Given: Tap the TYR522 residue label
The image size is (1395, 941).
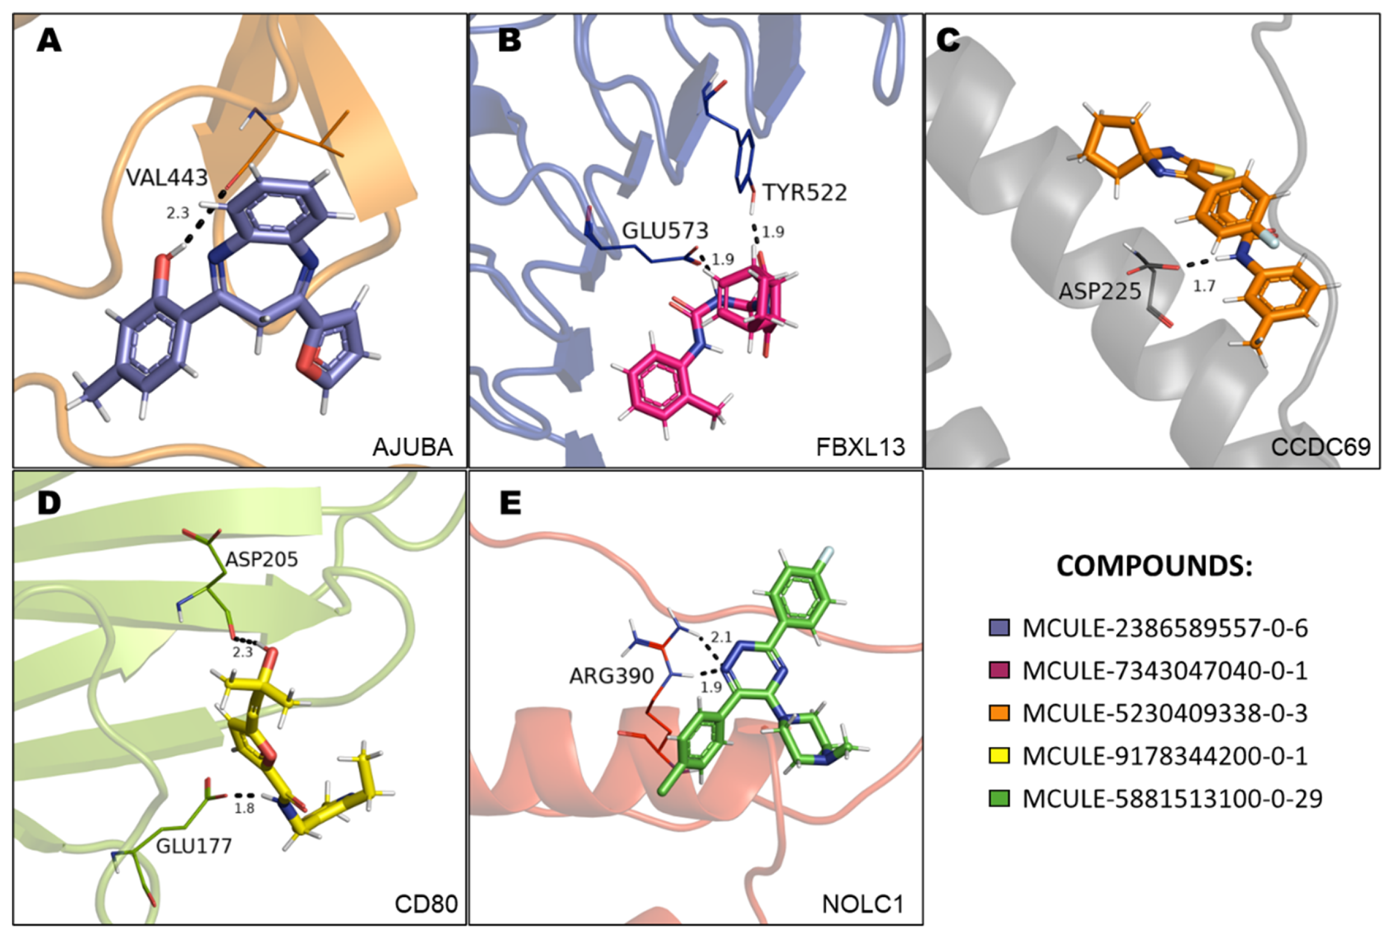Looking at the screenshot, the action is coord(805,193).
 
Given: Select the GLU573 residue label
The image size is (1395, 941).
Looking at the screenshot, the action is coord(665,230).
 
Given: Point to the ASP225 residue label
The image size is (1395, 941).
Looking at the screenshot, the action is coord(1099,291).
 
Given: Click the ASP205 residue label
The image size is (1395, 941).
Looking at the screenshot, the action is coord(262,559).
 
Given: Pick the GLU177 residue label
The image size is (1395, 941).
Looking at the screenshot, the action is coord(194,846).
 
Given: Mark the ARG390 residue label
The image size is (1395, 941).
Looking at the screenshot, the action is coord(611,676).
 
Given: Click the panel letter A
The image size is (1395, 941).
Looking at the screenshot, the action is coord(49,41).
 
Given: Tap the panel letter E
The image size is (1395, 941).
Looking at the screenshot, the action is coord(510,503).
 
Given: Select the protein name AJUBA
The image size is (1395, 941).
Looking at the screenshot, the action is coord(412,447).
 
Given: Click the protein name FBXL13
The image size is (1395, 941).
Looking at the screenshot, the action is coord(860,447).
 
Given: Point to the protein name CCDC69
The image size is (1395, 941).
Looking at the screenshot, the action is coord(1321,447).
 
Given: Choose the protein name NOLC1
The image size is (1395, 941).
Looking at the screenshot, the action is coord(862,904).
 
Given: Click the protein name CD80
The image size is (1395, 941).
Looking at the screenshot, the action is coord(426,904).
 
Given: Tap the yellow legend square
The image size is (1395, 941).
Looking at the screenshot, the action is coord(999,756).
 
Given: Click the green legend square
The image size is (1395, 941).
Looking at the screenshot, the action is coord(999,798).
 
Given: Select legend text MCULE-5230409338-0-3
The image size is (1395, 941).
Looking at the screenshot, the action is coord(1165,713).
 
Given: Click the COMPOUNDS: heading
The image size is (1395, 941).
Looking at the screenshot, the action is coord(1154,566).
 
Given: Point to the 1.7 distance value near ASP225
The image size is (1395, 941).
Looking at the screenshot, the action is coord(1203,286).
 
